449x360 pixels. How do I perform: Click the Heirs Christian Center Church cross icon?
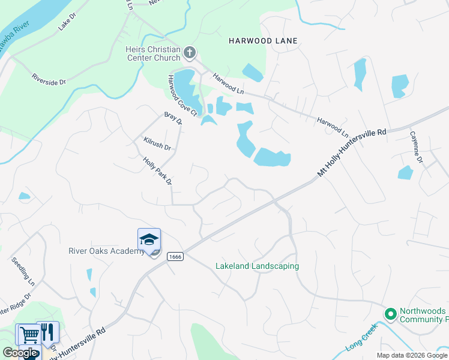click(x=190, y=53)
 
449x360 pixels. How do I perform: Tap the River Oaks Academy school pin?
click(x=149, y=240)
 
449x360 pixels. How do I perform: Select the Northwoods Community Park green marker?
click(x=390, y=314)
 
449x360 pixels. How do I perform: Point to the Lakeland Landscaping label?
click(x=257, y=266)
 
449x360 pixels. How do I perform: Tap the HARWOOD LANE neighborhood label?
click(x=264, y=41)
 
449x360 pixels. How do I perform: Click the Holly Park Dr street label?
click(x=158, y=171)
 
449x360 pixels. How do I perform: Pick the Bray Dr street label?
click(x=173, y=118)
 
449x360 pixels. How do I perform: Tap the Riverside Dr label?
click(x=49, y=79)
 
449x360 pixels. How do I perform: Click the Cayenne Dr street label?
click(x=416, y=147)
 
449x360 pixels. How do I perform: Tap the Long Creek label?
click(x=361, y=338)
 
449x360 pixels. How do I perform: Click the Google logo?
click(x=20, y=353)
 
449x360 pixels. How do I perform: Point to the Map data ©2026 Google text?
click(x=412, y=355)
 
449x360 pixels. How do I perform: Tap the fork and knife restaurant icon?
click(x=48, y=332)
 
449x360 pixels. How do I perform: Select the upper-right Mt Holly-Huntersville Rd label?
click(x=351, y=154)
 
